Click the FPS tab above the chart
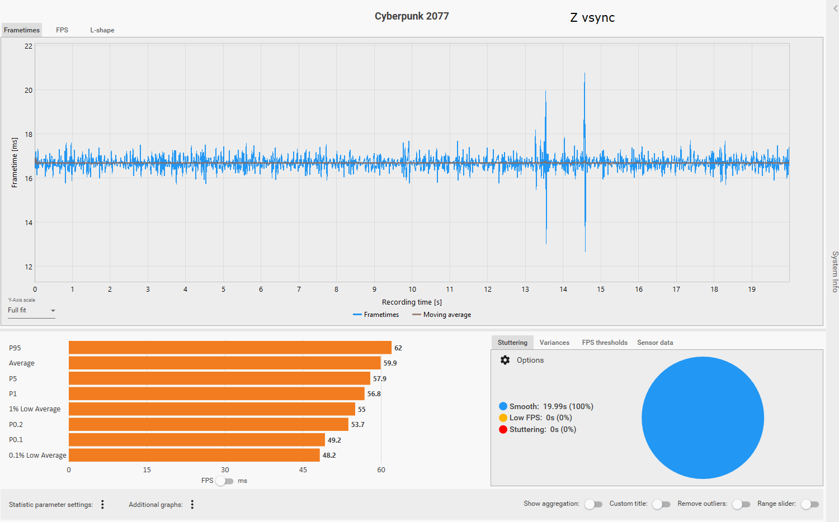tap(62, 30)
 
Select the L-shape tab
tap(102, 30)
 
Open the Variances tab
tap(554, 343)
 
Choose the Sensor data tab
tap(655, 343)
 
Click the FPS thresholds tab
tap(605, 343)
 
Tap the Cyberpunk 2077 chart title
tap(412, 16)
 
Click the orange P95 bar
tap(230, 348)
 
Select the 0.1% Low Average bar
tap(194, 455)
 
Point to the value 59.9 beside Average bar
tap(390, 363)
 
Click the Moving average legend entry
tap(442, 315)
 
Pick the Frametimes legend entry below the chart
tap(376, 315)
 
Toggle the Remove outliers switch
tap(741, 504)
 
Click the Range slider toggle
tap(809, 504)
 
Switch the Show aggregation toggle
tap(593, 504)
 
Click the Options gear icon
tap(505, 360)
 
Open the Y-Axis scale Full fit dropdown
tap(31, 311)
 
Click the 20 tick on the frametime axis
tap(29, 90)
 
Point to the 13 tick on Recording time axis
tap(525, 289)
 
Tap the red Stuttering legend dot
tap(503, 429)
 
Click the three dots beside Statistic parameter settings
tap(102, 505)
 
